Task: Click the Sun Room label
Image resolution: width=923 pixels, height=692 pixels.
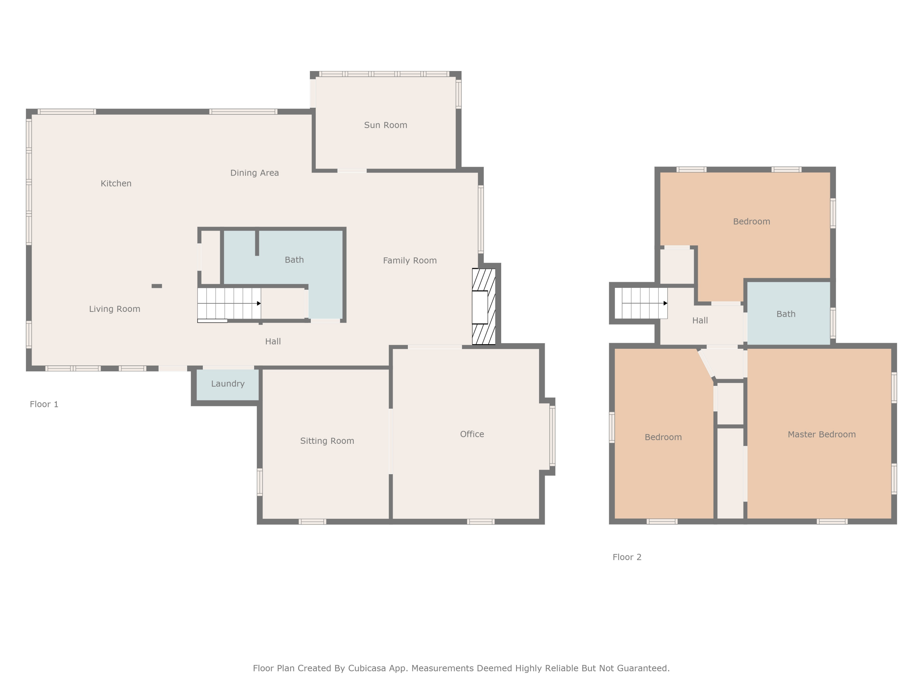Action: [386, 125]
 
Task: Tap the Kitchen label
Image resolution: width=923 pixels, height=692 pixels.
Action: [116, 184]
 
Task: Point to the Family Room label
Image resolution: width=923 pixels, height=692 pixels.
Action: [410, 261]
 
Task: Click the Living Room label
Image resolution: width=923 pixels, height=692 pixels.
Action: [115, 309]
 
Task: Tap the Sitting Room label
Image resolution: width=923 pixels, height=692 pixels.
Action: [327, 441]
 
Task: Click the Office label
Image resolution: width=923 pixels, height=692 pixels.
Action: [472, 434]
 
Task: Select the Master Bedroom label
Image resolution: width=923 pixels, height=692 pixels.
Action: [821, 435]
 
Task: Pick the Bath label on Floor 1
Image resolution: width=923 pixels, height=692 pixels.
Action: [294, 260]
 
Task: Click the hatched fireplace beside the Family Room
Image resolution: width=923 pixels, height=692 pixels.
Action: [484, 307]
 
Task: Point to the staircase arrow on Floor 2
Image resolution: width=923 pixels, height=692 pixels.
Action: [645, 303]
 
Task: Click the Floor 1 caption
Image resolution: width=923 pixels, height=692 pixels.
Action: [44, 404]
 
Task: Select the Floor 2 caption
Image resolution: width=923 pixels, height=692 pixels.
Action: [627, 557]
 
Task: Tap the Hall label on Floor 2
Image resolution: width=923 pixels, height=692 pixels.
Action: [700, 321]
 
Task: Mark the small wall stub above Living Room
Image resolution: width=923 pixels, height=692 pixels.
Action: [157, 286]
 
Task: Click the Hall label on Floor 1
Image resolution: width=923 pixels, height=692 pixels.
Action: [273, 342]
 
